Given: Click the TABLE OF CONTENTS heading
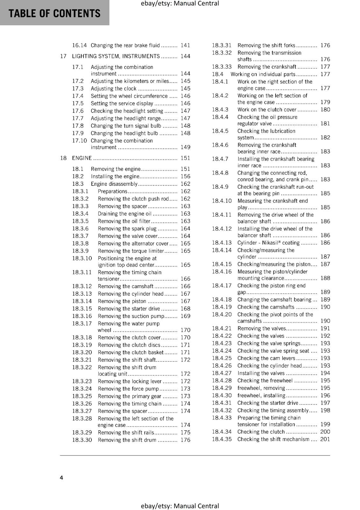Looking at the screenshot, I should (x=54, y=13).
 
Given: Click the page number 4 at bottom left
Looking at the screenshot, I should (x=61, y=477).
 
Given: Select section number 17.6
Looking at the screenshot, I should (x=78, y=111).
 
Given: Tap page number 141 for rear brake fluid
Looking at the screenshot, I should (x=185, y=45).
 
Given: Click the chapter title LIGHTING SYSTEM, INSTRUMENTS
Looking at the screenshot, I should (x=116, y=56).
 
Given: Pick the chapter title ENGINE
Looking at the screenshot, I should (x=82, y=158).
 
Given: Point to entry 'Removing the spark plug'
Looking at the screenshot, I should (x=127, y=229).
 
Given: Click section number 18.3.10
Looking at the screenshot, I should (x=82, y=258).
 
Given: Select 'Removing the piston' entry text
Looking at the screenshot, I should (x=122, y=301).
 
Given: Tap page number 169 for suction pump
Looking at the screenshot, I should (x=185, y=316).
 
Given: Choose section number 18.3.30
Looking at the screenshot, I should (x=82, y=440).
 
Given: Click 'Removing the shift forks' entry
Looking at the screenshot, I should (x=266, y=45).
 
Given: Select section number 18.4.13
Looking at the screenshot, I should (x=222, y=243).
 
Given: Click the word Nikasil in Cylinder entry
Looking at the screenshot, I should (x=270, y=243).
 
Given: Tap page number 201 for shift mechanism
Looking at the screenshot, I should (x=325, y=439).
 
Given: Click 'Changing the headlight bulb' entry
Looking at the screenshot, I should (x=124, y=133).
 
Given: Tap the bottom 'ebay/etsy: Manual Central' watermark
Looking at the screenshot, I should (x=180, y=506).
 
